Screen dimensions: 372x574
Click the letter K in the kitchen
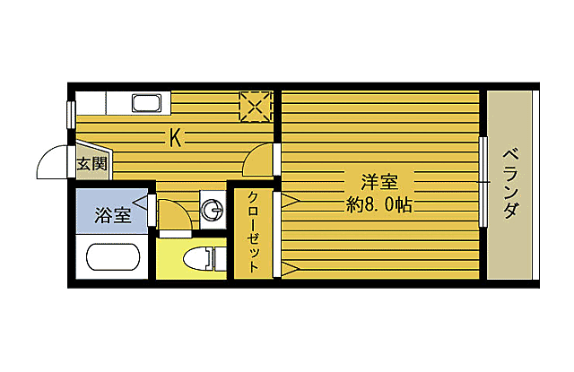177,138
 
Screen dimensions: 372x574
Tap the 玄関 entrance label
91,163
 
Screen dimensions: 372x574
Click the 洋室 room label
379,181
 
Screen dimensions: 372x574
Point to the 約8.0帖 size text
379,204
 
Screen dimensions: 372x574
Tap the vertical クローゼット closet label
254,231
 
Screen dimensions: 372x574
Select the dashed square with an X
256,106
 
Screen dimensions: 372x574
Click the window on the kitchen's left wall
70,114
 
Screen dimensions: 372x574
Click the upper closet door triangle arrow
290,202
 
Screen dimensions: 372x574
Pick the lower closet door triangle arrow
290,267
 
